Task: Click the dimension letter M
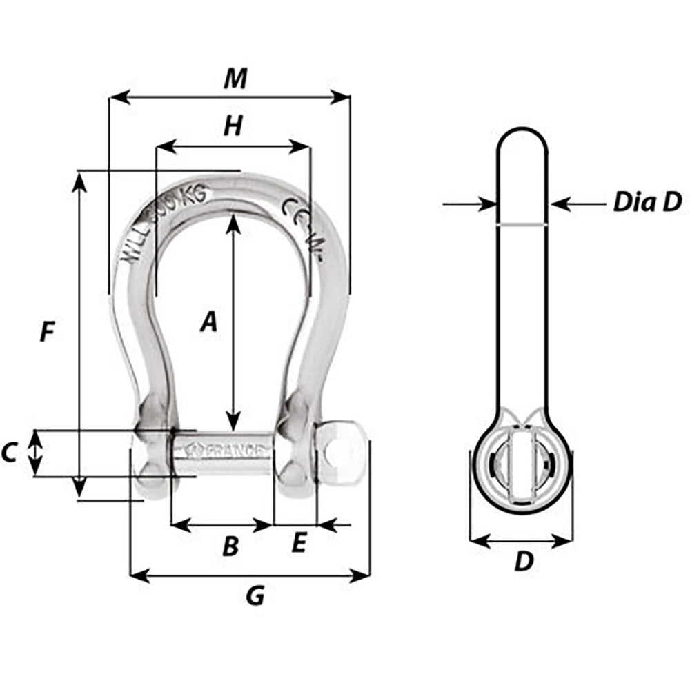(235, 79)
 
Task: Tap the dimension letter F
(46, 332)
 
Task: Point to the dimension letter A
(208, 322)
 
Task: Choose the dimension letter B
(230, 546)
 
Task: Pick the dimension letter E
(297, 544)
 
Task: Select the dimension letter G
(255, 595)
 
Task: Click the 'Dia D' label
(647, 203)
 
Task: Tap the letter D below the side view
(524, 562)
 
